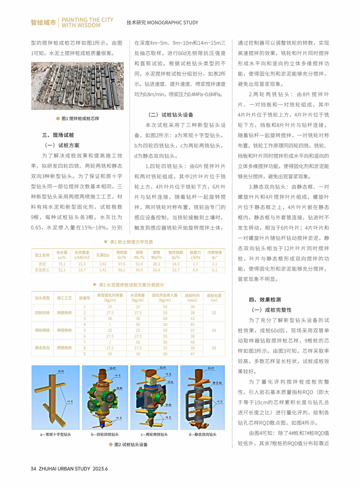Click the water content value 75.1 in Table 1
[x=62, y=264]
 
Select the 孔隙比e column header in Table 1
[x=103, y=255]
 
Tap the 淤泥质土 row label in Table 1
[x=42, y=270]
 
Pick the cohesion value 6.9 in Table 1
[x=195, y=270]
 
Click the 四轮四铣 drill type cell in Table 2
[x=43, y=313]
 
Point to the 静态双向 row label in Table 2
[x=43, y=348]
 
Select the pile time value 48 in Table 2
[x=193, y=342]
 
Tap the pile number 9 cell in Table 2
[x=85, y=354]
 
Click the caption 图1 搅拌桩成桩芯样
[x=80, y=119]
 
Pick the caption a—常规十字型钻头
[x=55, y=435]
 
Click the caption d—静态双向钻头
[x=203, y=435]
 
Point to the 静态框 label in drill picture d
[x=217, y=383]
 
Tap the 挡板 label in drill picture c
[x=170, y=382]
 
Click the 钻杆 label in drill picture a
[x=61, y=371]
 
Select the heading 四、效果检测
[x=265, y=300]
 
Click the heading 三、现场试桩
[x=58, y=135]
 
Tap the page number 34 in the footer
[x=33, y=469]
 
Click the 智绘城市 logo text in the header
[x=43, y=23]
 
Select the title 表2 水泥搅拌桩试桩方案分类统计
[x=131, y=285]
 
